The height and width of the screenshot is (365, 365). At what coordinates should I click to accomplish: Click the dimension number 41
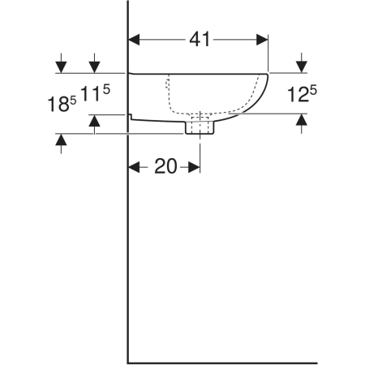point(200,40)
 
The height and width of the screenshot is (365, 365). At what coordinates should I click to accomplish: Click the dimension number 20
point(165,166)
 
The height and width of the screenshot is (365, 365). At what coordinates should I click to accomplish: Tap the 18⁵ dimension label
point(62,104)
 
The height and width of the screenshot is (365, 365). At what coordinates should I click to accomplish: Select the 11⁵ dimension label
point(96,93)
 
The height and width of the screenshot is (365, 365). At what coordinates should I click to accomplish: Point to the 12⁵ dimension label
point(302,94)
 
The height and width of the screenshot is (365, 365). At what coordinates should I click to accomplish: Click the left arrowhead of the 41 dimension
point(134,40)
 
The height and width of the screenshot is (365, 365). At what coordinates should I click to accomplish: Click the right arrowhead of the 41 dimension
point(262,40)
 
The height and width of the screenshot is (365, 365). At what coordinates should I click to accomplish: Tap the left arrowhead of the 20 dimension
point(134,167)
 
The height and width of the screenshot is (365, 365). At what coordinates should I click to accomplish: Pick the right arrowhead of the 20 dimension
point(194,167)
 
